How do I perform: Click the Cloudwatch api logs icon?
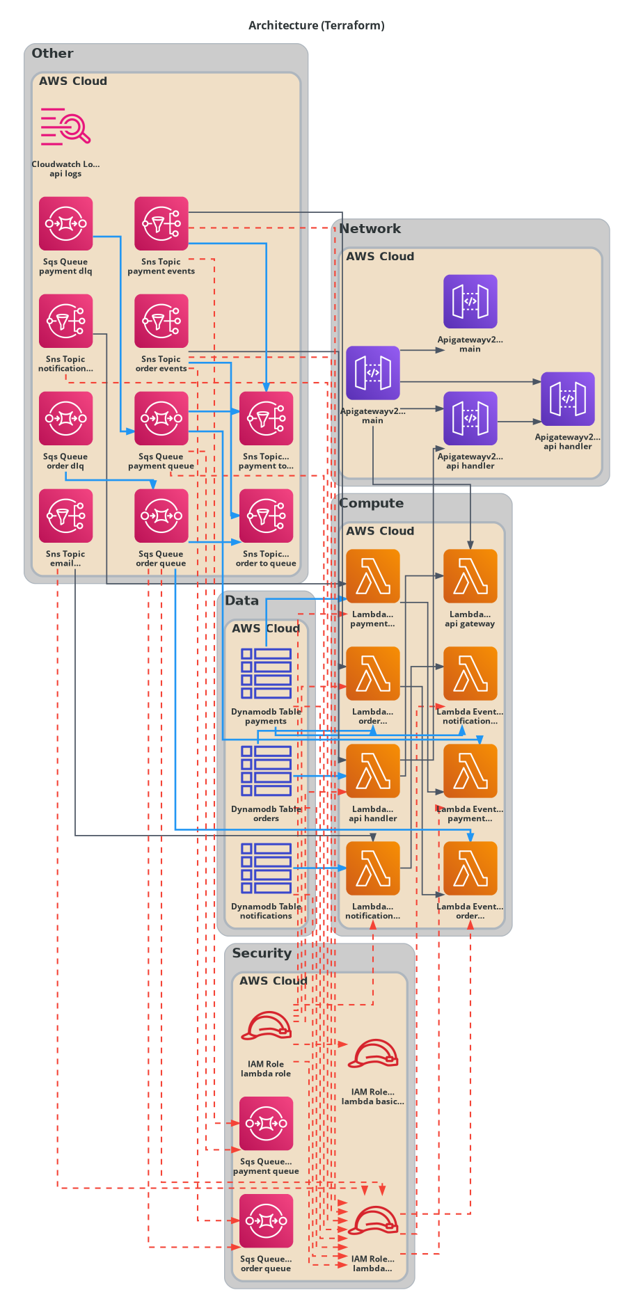click(x=65, y=127)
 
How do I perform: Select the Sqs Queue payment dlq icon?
click(x=65, y=223)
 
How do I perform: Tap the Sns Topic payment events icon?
click(x=161, y=223)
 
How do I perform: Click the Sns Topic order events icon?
click(x=161, y=321)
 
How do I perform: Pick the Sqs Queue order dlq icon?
click(x=65, y=418)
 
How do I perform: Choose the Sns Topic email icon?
click(x=65, y=516)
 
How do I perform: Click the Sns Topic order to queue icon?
click(x=266, y=516)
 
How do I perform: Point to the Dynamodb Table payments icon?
click(x=266, y=674)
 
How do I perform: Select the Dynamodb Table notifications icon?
click(x=266, y=868)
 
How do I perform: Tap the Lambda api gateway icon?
click(x=470, y=576)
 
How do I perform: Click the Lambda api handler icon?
click(x=373, y=771)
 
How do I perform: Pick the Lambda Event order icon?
click(x=470, y=868)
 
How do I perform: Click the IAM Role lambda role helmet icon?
click(x=266, y=1026)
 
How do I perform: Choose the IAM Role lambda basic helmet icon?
click(x=373, y=1054)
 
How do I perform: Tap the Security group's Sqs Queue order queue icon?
click(x=266, y=1221)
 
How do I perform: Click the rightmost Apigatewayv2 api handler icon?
click(x=568, y=399)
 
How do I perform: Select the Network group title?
click(x=370, y=229)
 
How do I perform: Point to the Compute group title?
click(x=371, y=503)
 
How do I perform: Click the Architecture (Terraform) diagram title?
click(x=317, y=26)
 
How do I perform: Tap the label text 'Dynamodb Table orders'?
click(x=266, y=813)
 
